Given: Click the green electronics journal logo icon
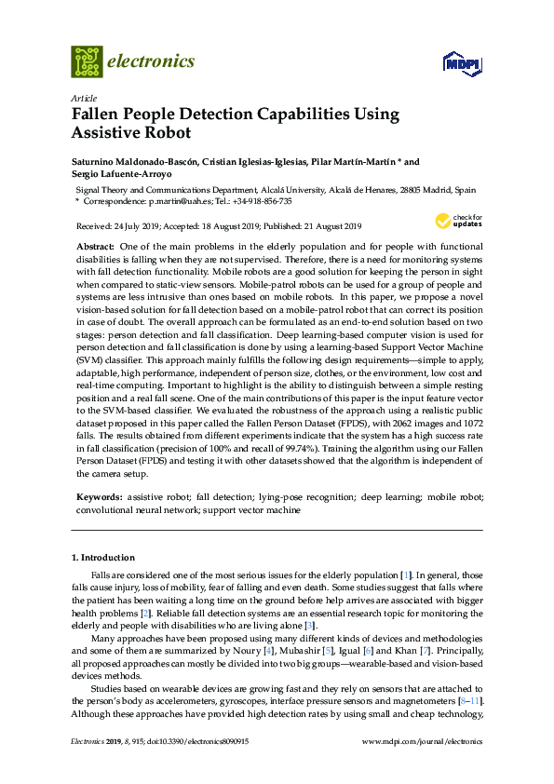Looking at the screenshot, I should pos(87,61).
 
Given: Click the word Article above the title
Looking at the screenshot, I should pos(83,98).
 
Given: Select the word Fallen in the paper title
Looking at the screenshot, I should pos(99,115).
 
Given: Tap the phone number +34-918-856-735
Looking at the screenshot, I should pos(260,200).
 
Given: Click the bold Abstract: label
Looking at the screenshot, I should pos(94,244).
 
